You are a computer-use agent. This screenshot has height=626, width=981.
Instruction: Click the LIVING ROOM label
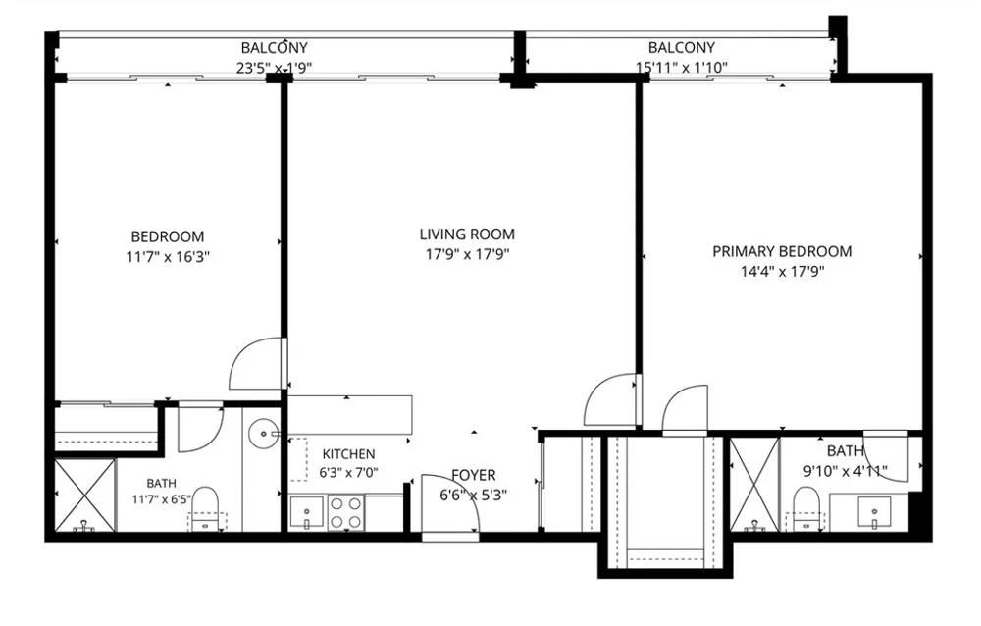pyautogui.click(x=467, y=235)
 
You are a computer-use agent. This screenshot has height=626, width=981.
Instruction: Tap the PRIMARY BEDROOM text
pyautogui.click(x=782, y=251)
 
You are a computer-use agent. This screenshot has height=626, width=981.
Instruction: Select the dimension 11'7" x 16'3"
pyautogui.click(x=168, y=257)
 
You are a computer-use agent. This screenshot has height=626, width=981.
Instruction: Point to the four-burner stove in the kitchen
pyautogui.click(x=346, y=513)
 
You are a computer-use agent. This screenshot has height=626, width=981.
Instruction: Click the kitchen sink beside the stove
pyautogui.click(x=306, y=513)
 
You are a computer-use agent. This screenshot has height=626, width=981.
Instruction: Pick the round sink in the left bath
pyautogui.click(x=263, y=433)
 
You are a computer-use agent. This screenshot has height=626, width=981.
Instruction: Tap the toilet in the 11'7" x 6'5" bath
pyautogui.click(x=205, y=507)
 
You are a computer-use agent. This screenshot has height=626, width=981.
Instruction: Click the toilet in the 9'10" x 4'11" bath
pyautogui.click(x=806, y=508)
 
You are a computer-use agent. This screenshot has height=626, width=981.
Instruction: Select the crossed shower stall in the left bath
pyautogui.click(x=85, y=496)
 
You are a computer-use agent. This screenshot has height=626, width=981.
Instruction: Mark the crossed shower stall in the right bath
pyautogui.click(x=754, y=485)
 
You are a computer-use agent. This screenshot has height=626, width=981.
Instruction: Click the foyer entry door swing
pyautogui.click(x=450, y=504)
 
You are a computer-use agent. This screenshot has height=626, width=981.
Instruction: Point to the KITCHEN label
pyautogui.click(x=348, y=454)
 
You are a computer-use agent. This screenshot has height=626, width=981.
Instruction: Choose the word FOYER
pyautogui.click(x=474, y=475)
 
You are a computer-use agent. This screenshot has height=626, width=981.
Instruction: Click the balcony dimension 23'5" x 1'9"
pyautogui.click(x=274, y=68)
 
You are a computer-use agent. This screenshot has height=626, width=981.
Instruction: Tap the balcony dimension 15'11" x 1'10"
pyautogui.click(x=682, y=67)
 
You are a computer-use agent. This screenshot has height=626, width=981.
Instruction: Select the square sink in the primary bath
pyautogui.click(x=874, y=513)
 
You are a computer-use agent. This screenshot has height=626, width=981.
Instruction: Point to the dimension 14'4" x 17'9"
pyautogui.click(x=782, y=272)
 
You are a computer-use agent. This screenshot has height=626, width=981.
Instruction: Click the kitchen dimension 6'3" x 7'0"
pyautogui.click(x=348, y=473)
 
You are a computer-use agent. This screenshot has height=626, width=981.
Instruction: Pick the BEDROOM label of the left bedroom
pyautogui.click(x=168, y=236)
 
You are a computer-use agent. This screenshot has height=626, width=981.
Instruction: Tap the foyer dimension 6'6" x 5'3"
pyautogui.click(x=473, y=496)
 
